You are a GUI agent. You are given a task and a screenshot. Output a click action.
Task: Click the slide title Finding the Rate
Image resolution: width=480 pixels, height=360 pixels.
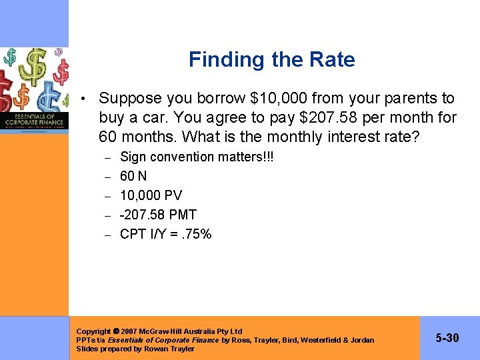coord(271,59)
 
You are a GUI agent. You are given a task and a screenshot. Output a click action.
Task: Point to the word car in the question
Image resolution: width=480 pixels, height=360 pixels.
coord(143,119)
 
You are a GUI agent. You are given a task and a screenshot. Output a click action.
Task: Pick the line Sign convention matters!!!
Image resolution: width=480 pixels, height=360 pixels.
coord(197,157)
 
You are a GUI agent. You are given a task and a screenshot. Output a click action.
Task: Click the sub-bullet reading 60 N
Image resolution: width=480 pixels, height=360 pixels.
coord(133,176)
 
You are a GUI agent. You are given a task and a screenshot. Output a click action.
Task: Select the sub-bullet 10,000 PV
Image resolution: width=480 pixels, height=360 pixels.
coord(151,195)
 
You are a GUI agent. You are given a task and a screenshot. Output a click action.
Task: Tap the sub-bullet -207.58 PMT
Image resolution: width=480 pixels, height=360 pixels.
coord(158,215)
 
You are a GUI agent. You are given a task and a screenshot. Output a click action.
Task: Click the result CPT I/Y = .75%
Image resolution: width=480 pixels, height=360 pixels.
coord(165,234)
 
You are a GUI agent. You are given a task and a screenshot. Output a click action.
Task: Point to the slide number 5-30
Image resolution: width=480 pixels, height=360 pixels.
coord(447,338)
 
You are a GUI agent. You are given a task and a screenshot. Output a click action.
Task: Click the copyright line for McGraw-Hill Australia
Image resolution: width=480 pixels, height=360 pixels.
coord(159,331)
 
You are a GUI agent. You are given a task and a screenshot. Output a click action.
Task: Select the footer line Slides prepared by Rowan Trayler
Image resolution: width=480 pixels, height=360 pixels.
coord(135,349)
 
